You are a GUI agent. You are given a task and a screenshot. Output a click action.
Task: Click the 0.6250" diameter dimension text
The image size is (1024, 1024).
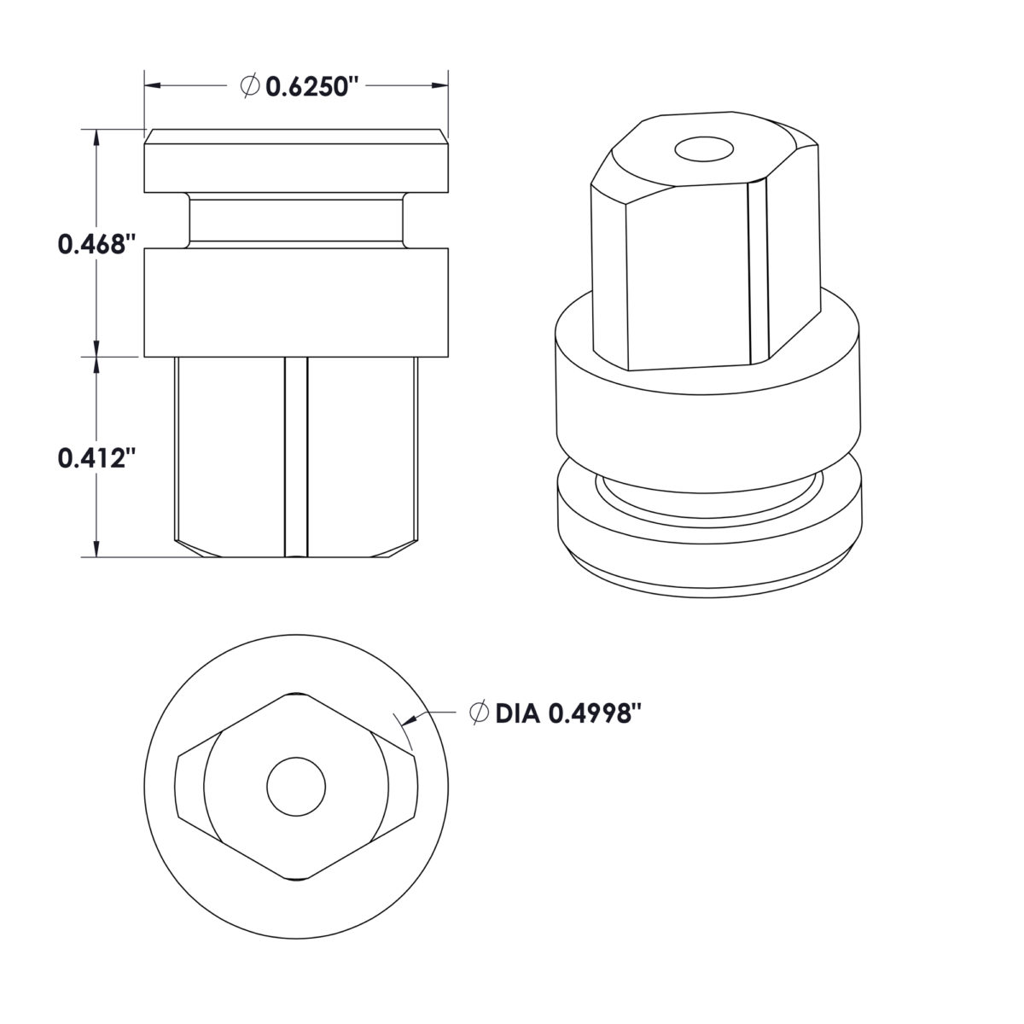point(310,86)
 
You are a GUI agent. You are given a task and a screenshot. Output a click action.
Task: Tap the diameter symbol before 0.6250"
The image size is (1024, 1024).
point(250,86)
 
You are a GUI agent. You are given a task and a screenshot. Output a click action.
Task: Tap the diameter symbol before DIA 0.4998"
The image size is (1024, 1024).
point(480,713)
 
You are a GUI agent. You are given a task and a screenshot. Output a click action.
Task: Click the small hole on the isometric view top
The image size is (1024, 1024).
point(704,150)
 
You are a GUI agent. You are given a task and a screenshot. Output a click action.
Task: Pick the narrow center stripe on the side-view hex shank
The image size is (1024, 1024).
point(295,457)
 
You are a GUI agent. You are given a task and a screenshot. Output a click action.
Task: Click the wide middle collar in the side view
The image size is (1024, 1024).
point(295,301)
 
